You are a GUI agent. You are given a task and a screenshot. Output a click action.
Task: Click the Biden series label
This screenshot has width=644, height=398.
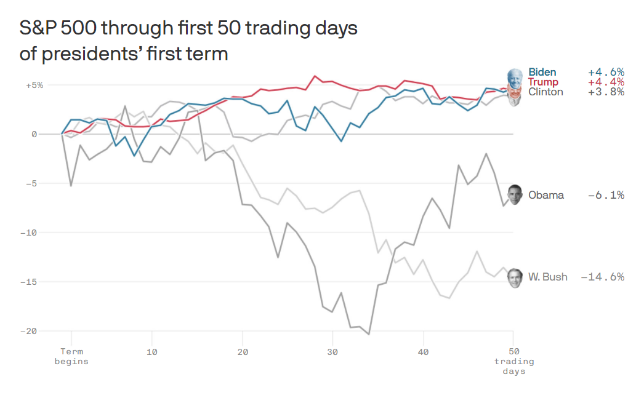pyautogui.click(x=542, y=72)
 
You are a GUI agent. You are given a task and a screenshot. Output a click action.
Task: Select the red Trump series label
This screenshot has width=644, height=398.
pyautogui.click(x=543, y=82)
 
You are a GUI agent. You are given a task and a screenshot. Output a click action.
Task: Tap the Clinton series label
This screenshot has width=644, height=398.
pyautogui.click(x=545, y=92)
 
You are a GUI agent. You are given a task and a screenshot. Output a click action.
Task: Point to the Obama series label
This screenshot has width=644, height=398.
pyautogui.click(x=545, y=195)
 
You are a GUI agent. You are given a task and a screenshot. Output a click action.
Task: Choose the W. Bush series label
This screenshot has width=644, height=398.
pyautogui.click(x=547, y=277)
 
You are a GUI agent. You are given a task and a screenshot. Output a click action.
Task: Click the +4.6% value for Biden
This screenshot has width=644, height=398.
pyautogui.click(x=606, y=72)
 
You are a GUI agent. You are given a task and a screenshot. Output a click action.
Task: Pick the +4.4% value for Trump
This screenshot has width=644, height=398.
pyautogui.click(x=606, y=82)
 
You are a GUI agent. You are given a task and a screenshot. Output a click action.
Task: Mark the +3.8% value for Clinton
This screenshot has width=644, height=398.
pyautogui.click(x=606, y=92)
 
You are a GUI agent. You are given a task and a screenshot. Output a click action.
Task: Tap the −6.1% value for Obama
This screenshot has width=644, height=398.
pyautogui.click(x=606, y=195)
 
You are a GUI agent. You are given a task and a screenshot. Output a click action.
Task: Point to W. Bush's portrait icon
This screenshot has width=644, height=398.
pyautogui.click(x=515, y=277)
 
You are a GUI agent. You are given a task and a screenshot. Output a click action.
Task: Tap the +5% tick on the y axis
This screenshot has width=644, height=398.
pyautogui.click(x=34, y=85)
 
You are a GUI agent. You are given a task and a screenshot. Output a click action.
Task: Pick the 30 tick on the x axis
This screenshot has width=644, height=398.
pyautogui.click(x=332, y=352)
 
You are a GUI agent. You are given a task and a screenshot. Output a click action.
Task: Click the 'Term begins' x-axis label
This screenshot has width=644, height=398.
pyautogui.click(x=71, y=356)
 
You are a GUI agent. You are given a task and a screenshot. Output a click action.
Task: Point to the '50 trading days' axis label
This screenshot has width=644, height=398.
pyautogui.click(x=513, y=361)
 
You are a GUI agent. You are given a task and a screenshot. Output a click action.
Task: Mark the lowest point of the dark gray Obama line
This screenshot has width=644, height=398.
pyautogui.click(x=369, y=334)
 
